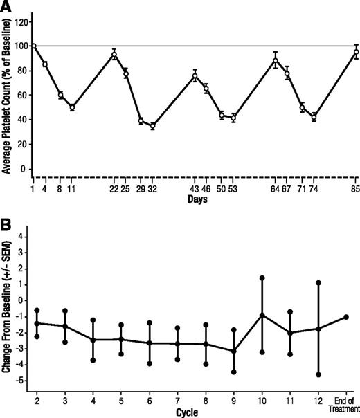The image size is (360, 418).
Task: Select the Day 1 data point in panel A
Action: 33,46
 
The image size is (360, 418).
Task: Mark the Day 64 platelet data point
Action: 276,60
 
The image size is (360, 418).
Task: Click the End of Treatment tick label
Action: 345,403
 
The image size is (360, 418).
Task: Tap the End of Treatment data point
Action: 345,317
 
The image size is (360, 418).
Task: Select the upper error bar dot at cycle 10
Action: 262,278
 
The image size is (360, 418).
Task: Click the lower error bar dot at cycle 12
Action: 318,374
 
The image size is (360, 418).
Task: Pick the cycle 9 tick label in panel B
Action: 234,400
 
